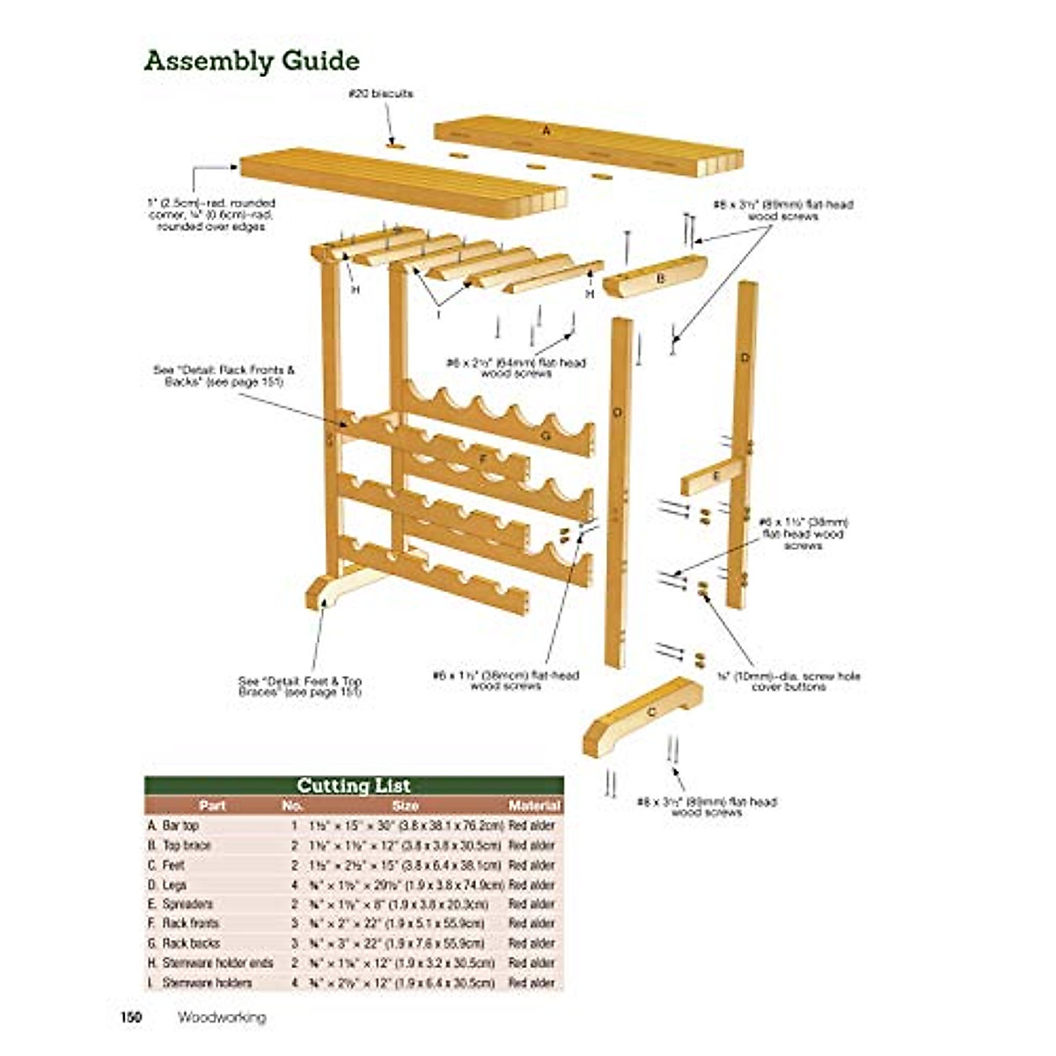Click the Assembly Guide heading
252,62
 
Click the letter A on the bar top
546,130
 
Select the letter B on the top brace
660,279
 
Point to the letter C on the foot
651,711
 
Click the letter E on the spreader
715,476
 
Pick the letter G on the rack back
546,436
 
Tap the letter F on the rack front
482,458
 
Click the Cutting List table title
354,786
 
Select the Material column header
534,805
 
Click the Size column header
406,805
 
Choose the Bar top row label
180,826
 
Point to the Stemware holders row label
208,982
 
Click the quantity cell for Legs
294,884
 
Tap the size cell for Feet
406,865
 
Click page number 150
131,1017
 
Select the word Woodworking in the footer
222,1017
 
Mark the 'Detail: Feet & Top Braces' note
300,686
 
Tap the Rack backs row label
191,942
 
